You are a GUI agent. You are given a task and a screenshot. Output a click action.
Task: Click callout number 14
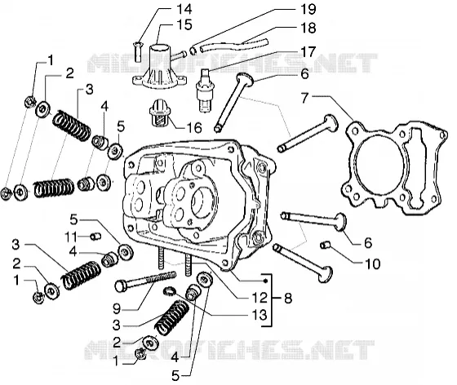(184, 9)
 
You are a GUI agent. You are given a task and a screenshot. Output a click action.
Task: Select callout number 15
(184, 24)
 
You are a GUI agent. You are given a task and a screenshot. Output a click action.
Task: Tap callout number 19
(308, 9)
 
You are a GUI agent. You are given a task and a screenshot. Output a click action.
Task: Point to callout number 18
(308, 28)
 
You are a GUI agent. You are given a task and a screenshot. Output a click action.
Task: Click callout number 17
(308, 52)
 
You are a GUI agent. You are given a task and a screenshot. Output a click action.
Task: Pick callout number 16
(194, 128)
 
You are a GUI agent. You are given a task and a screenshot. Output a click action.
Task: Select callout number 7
(305, 98)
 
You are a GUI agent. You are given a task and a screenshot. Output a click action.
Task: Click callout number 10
(372, 264)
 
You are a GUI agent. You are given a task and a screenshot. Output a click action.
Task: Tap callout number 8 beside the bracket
(288, 299)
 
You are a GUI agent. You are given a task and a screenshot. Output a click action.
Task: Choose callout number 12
(260, 298)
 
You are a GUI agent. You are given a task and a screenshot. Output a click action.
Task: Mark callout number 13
(260, 315)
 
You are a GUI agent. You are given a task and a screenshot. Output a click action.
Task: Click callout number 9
(117, 308)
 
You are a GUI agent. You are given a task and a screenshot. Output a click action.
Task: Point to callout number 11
(71, 237)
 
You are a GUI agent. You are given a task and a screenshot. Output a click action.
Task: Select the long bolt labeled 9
(146, 281)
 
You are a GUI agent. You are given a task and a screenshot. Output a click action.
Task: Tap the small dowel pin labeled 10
(325, 246)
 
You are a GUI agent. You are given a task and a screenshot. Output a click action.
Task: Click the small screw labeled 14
(138, 51)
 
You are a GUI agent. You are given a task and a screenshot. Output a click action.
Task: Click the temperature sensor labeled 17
(205, 91)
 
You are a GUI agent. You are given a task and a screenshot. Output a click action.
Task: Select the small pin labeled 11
(95, 237)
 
